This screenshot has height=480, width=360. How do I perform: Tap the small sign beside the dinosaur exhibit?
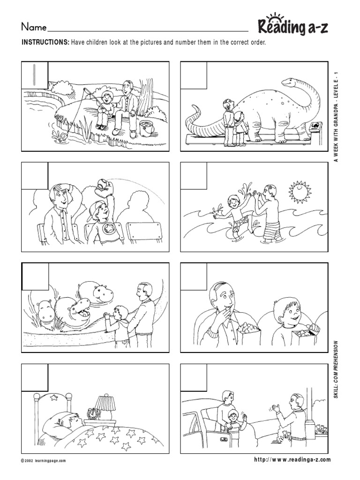point(315,127)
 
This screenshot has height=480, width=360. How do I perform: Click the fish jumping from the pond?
point(62,137)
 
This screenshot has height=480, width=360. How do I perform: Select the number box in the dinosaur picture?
point(194,75)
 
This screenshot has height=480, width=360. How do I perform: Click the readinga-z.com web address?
point(292,460)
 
